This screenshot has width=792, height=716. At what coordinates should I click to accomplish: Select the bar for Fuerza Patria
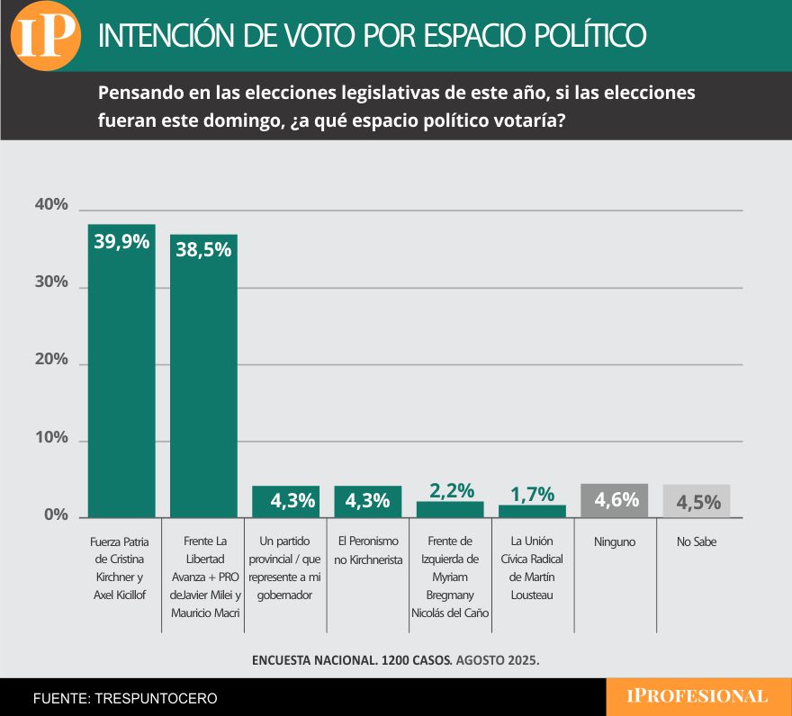tap(121, 378)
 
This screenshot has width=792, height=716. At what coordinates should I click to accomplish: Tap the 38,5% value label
tap(203, 250)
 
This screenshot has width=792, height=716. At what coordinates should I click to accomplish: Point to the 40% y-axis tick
tap(51, 205)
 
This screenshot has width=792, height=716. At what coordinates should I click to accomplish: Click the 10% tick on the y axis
tap(51, 438)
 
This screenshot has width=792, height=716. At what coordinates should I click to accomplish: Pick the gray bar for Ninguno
tap(615, 501)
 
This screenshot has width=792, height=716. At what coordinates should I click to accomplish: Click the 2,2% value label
tap(451, 490)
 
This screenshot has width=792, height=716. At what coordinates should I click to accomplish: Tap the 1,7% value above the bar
tap(533, 494)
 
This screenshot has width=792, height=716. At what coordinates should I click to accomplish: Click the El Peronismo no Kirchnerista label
tap(368, 550)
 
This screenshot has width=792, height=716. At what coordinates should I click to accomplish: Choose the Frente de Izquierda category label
tap(450, 577)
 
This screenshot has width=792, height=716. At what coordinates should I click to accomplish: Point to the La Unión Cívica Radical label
tap(532, 568)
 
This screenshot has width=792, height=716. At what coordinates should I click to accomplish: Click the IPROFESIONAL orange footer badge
tap(697, 696)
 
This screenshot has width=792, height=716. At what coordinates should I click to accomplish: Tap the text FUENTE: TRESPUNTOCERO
tap(125, 698)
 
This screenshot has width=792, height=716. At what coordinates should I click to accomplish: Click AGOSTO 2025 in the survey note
tap(498, 659)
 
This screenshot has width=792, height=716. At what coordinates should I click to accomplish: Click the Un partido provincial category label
tap(286, 568)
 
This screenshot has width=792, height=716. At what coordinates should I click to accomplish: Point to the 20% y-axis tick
tap(51, 360)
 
